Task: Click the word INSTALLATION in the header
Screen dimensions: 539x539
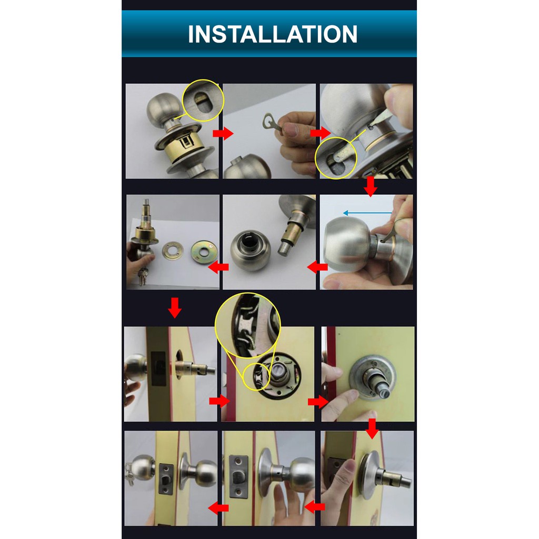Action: (272, 34)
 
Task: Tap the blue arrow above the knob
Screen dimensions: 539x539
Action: (367, 213)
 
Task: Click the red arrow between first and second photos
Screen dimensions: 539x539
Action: (223, 133)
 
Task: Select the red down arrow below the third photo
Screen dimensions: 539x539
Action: (371, 187)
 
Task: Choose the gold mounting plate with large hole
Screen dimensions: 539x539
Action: (204, 252)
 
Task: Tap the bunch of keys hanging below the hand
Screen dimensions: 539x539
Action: (143, 276)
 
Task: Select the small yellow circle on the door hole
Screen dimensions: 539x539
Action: (257, 376)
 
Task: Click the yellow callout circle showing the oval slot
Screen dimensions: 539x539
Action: (203, 101)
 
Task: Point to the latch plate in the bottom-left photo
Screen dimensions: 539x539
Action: (166, 479)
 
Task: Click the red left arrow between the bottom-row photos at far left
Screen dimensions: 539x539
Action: (218, 507)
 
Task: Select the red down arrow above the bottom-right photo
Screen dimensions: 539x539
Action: (372, 428)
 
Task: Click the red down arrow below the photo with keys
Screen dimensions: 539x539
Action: (175, 307)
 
